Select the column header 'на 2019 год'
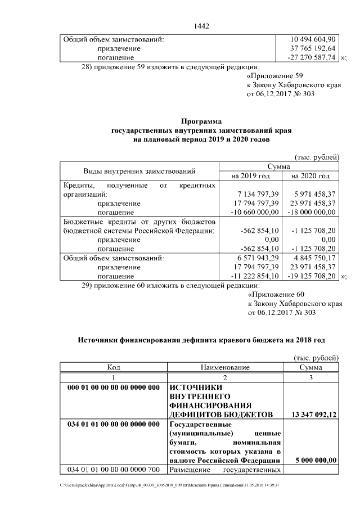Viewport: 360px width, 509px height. [x=250, y=176]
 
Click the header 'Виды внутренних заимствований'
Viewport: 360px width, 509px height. [x=139, y=172]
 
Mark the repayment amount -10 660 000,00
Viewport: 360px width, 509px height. [x=252, y=212]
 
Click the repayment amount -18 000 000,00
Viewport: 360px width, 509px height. [x=311, y=212]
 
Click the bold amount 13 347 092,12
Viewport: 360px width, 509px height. [x=314, y=415]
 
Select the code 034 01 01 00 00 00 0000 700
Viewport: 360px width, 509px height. [x=114, y=469]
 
